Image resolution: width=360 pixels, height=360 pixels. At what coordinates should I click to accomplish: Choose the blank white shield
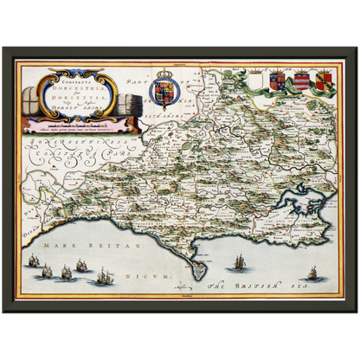255,82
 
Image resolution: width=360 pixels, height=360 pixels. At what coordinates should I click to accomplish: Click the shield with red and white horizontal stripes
302,82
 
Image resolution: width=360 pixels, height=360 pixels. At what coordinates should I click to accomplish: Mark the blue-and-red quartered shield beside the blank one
278,82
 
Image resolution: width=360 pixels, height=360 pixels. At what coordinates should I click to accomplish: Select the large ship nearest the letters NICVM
104,276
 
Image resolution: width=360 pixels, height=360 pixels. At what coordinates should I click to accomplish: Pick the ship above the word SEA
312,273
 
